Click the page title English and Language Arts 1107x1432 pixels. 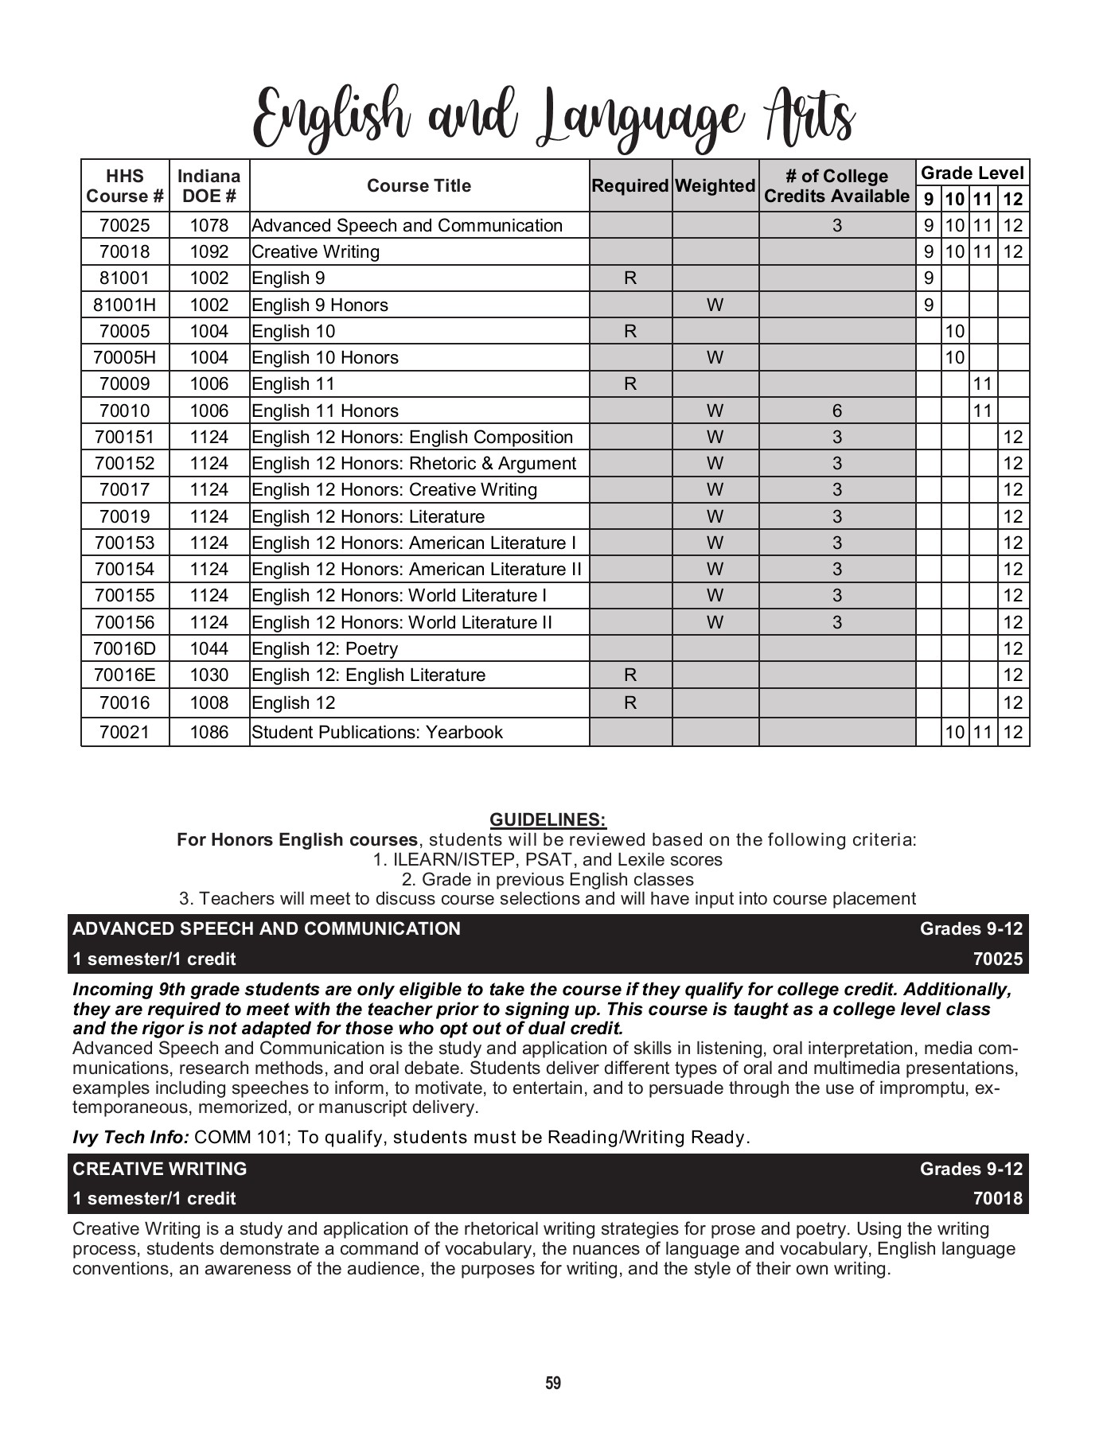pos(553,121)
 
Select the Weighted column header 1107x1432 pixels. pos(715,185)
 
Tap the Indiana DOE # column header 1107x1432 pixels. pos(209,185)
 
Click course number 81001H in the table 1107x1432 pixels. pos(125,305)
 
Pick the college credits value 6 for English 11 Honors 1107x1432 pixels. pos(836,411)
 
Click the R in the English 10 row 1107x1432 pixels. pos(630,331)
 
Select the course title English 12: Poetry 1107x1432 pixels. pos(325,648)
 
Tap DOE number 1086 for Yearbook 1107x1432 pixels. pos(209,732)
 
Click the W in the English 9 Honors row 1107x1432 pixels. pos(715,305)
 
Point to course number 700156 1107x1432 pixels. pos(125,622)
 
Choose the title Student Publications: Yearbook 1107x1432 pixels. pos(377,732)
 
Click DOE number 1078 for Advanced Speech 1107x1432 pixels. pos(209,225)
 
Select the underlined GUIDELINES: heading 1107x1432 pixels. pos(548,819)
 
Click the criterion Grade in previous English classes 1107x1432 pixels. pos(548,879)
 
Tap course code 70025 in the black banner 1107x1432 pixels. pos(997,959)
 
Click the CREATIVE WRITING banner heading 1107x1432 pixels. pos(160,1169)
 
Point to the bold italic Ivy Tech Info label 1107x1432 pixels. pos(131,1137)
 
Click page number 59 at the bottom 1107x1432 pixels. pos(553,1383)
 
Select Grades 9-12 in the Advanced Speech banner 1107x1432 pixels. pos(971,928)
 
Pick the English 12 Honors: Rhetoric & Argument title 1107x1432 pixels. pos(414,463)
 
